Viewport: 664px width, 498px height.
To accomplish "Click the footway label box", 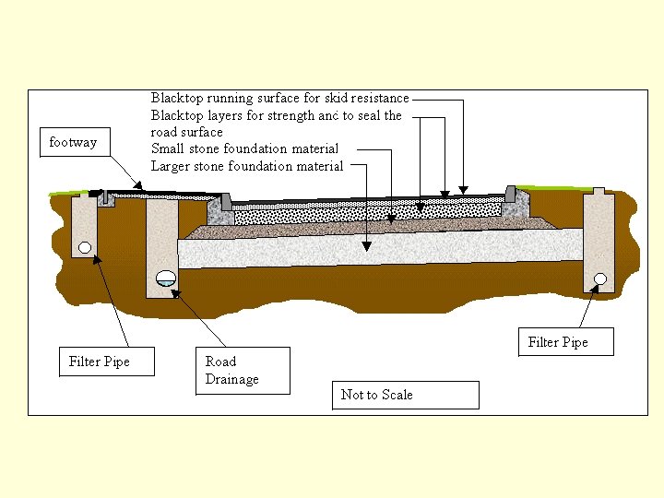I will [x=73, y=143].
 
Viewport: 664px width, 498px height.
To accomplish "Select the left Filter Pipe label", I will [x=100, y=362].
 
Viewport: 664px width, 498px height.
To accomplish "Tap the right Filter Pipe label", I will [x=558, y=342].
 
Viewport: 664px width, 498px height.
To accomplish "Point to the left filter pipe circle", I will [x=85, y=247].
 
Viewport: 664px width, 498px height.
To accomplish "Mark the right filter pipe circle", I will [x=599, y=279].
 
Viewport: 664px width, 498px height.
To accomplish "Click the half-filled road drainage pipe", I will [x=165, y=278].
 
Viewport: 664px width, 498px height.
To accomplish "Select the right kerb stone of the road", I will [x=512, y=196].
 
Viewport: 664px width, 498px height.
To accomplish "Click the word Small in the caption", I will [x=169, y=148].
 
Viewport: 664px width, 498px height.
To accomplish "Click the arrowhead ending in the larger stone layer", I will [x=367, y=247].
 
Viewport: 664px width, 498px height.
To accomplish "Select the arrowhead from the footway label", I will [x=138, y=187].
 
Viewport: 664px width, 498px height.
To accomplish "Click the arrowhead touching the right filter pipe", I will [x=592, y=289].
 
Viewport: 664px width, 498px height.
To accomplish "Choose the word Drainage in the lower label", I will [x=232, y=379].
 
